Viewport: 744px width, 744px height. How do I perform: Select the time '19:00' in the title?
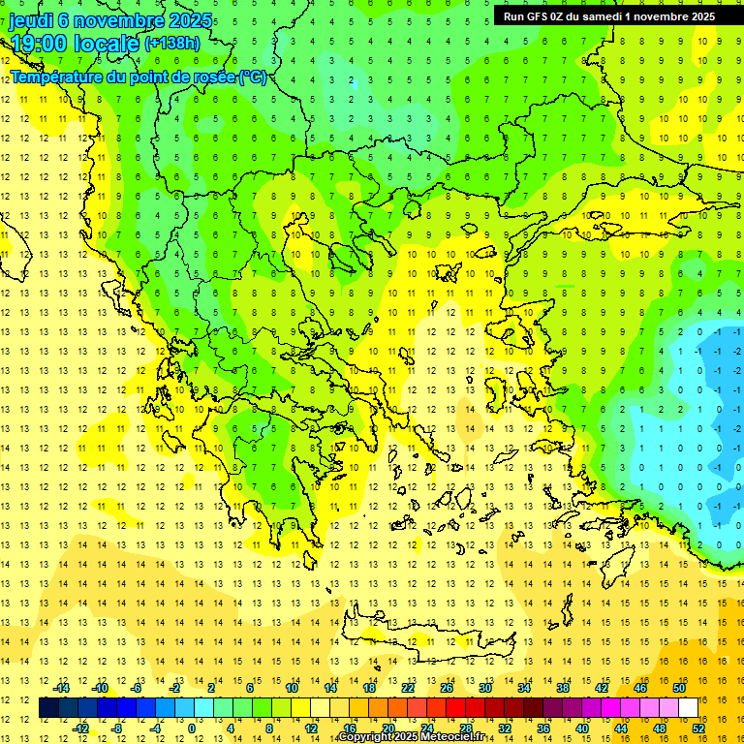click(x=40, y=44)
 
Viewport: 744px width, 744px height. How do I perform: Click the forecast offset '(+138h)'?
click(x=172, y=44)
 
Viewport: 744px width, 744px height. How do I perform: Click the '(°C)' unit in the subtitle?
click(x=254, y=77)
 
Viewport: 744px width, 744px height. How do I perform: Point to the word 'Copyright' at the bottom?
click(x=365, y=737)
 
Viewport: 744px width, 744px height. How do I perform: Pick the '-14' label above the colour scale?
click(x=61, y=688)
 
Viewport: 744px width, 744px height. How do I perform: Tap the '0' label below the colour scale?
click(x=191, y=728)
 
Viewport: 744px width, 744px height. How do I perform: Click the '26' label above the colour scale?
click(x=447, y=688)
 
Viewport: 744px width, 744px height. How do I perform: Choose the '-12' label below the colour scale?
click(x=80, y=728)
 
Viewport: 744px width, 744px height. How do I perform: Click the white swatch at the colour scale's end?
click(x=689, y=708)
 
